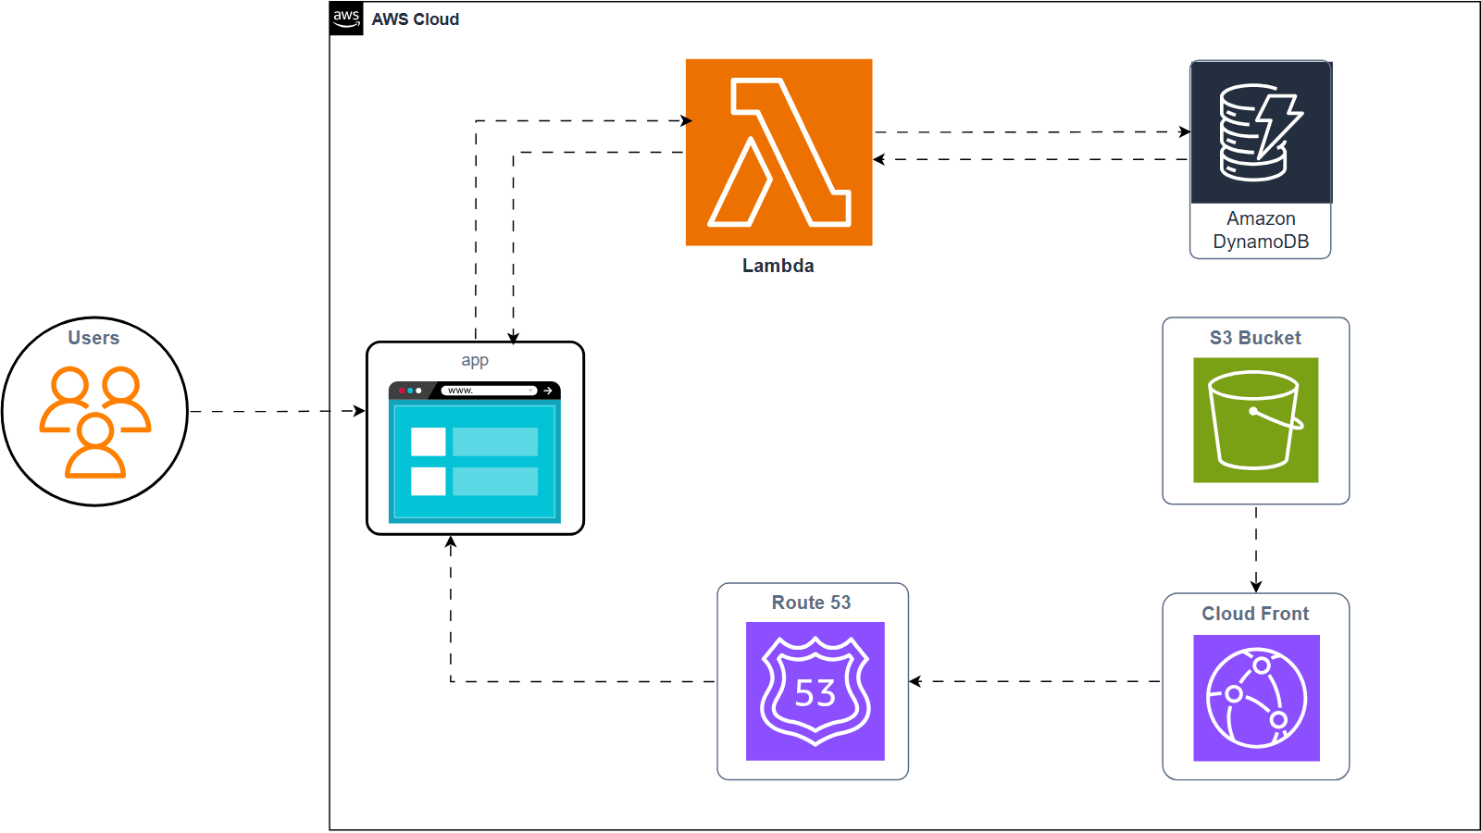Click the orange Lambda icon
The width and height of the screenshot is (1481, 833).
(x=778, y=152)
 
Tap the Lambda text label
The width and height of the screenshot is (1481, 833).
(x=778, y=266)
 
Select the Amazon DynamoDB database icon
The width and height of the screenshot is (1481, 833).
(x=1261, y=132)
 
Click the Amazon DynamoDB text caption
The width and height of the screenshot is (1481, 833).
(x=1261, y=230)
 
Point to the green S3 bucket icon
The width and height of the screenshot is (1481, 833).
(x=1255, y=420)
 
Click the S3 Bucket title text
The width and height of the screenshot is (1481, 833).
(x=1255, y=338)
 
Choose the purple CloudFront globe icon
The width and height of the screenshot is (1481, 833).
(x=1256, y=698)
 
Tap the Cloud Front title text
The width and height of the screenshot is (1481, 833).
(x=1255, y=614)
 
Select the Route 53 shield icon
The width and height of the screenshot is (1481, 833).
(x=815, y=691)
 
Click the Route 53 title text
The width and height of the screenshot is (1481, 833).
(x=811, y=603)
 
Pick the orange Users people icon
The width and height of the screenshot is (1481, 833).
(x=95, y=422)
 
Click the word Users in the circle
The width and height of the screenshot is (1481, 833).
(x=93, y=338)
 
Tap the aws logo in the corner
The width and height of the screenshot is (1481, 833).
(x=346, y=19)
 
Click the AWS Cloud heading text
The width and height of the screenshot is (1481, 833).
(x=416, y=19)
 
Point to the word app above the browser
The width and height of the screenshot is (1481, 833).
(x=475, y=360)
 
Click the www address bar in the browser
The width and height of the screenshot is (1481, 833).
(x=490, y=391)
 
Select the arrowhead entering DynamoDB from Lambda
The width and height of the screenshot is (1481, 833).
(x=1185, y=132)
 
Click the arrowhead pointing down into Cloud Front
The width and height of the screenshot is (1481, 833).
(x=1256, y=587)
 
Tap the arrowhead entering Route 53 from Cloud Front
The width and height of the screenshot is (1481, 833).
(x=915, y=681)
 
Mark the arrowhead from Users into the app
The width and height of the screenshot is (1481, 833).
(x=359, y=411)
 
